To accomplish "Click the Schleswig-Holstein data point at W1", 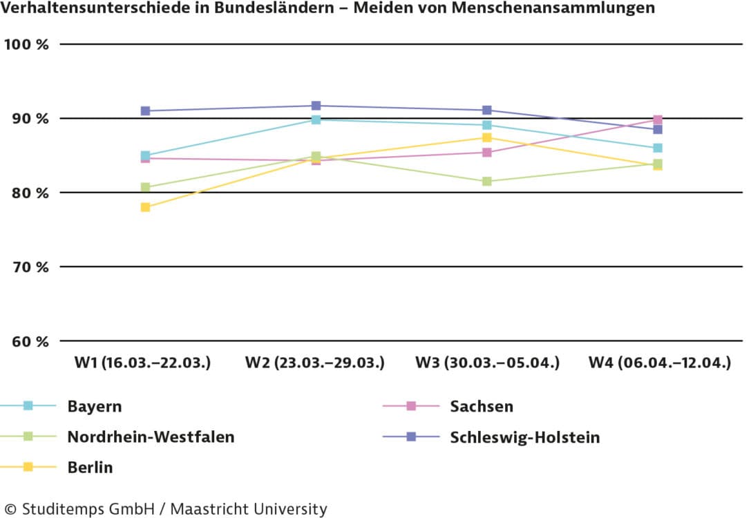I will [x=145, y=111].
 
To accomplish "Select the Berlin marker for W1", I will [x=145, y=207].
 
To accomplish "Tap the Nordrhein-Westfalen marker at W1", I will [x=145, y=188].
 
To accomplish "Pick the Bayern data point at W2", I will [x=316, y=119].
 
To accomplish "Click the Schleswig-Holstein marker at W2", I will [x=316, y=106].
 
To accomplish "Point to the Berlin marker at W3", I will [x=487, y=138].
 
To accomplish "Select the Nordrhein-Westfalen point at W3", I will [x=487, y=182].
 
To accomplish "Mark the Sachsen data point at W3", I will [x=487, y=153].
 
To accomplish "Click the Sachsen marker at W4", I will [x=658, y=120].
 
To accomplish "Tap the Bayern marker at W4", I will [x=658, y=148].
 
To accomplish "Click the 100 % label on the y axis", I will [x=27, y=44].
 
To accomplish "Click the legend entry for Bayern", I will [x=94, y=406].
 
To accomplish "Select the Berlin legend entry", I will [x=90, y=468].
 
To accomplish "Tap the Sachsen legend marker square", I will [x=411, y=406].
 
